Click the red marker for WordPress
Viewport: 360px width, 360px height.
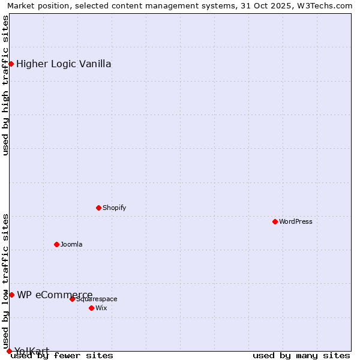[x=275, y=221]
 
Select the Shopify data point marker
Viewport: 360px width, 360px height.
[x=98, y=208]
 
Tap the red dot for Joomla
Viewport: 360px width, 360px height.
[x=56, y=244]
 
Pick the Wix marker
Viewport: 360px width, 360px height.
[x=91, y=308]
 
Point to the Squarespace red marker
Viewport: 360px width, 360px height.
[x=72, y=299]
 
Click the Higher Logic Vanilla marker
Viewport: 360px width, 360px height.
[x=11, y=64]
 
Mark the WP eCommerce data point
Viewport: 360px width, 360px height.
[x=11, y=295]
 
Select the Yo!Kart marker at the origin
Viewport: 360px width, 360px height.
[x=9, y=351]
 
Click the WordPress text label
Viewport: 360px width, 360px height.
[x=296, y=221]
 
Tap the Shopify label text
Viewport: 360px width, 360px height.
[x=115, y=208]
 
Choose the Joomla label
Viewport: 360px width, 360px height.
[x=71, y=244]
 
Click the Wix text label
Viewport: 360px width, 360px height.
[x=101, y=308]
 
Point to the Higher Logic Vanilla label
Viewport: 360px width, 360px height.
[x=64, y=64]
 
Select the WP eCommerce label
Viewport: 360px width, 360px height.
[x=55, y=295]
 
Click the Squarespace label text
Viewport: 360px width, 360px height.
[x=97, y=299]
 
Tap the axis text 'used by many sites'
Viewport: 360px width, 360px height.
[x=301, y=355]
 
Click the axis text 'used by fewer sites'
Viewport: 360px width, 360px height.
[x=62, y=355]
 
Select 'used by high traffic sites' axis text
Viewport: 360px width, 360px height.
[x=5, y=85]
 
